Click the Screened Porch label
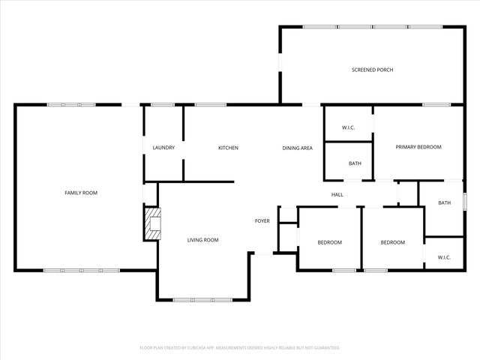click(372, 70)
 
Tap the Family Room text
click(80, 193)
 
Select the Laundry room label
click(163, 148)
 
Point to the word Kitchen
click(228, 148)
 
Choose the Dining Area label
click(297, 148)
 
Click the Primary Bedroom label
click(418, 147)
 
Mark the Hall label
click(337, 195)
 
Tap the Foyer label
click(262, 220)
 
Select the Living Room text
click(202, 240)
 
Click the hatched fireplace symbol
click(153, 224)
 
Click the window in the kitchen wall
click(211, 104)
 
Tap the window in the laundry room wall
click(163, 104)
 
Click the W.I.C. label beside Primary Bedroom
click(348, 127)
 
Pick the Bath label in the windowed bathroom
click(444, 202)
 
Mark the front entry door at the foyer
click(263, 253)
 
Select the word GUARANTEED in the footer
click(323, 348)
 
